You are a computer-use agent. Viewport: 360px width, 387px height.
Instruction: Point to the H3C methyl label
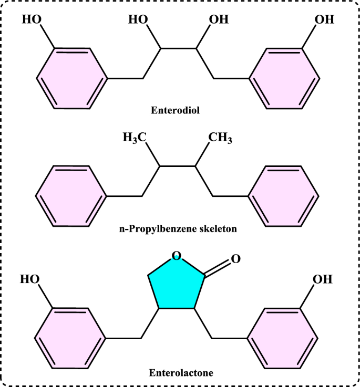click(134, 138)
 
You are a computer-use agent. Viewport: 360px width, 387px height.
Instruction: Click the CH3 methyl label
click(220, 138)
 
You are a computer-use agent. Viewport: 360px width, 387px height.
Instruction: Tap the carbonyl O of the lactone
click(235, 259)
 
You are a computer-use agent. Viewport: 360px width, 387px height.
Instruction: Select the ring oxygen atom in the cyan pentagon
click(177, 256)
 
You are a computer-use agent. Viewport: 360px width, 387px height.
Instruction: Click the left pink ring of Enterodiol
click(72, 79)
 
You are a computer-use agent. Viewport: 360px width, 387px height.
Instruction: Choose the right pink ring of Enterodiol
click(285, 79)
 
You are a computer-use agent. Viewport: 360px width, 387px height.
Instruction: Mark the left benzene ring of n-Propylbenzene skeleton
click(72, 197)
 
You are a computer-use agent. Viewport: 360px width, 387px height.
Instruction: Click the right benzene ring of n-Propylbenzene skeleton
click(285, 197)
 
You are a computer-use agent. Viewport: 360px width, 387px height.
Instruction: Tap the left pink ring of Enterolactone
click(72, 340)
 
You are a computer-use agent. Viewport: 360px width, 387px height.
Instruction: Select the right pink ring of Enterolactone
click(285, 340)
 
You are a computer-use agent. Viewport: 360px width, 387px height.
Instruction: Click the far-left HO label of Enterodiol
click(31, 20)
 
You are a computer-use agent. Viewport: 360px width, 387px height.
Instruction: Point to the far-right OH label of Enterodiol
click(324, 20)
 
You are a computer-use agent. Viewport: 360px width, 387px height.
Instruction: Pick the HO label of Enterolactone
click(31, 278)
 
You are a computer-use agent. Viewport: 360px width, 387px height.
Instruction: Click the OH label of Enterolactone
click(323, 278)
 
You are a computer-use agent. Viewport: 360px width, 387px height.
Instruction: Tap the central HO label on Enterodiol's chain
click(138, 20)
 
